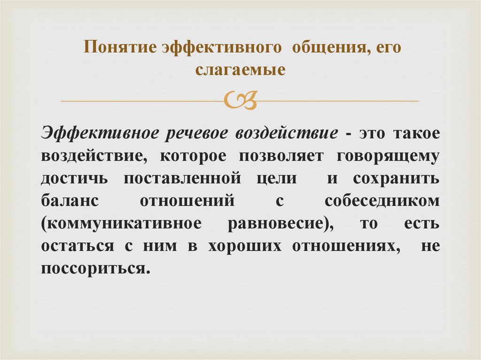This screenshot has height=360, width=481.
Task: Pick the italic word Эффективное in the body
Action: point(98,133)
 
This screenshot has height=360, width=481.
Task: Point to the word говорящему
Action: point(388,156)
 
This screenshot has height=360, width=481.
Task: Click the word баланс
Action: point(70,201)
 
